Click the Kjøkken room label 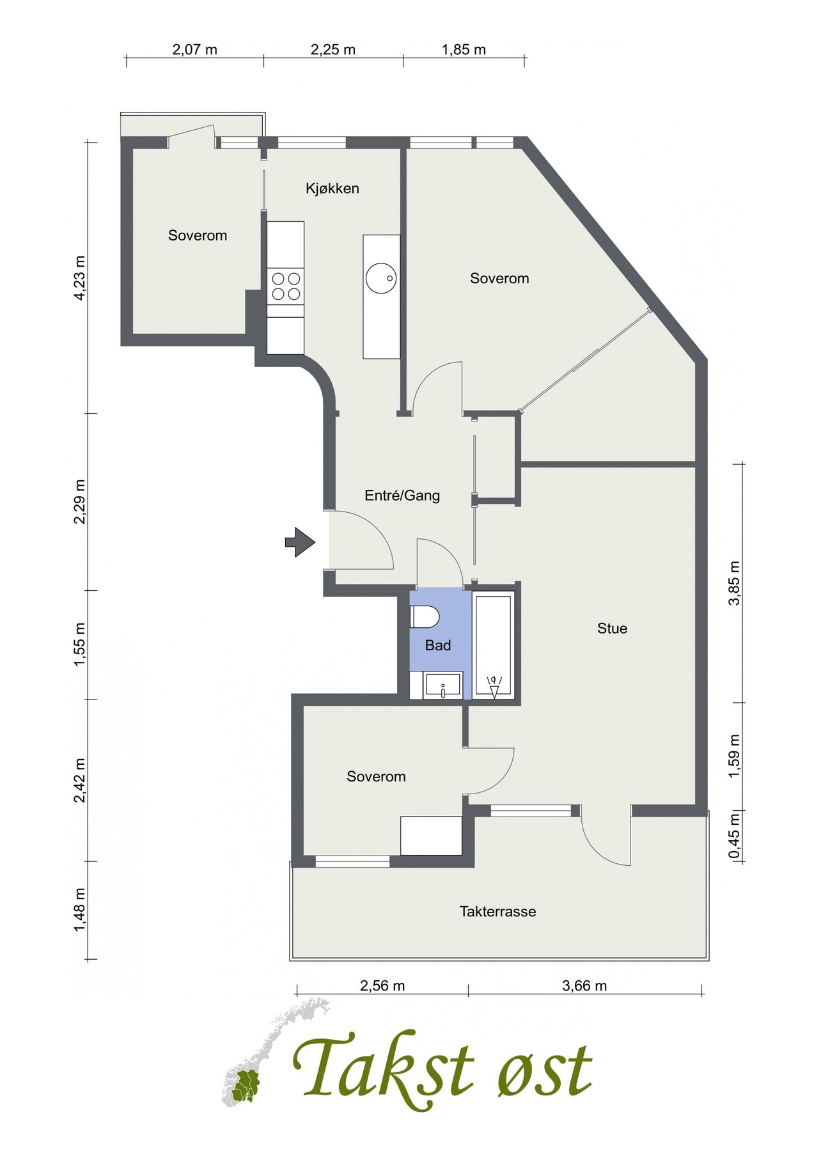click(332, 189)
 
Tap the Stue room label click(612, 629)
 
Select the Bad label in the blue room click(438, 646)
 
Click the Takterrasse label click(497, 912)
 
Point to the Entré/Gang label click(402, 496)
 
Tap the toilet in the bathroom click(424, 618)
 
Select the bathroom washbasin click(443, 687)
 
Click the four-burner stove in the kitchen click(286, 286)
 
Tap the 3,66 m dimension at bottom click(584, 985)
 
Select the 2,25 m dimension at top click(333, 50)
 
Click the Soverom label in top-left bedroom click(198, 236)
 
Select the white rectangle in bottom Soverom click(431, 835)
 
